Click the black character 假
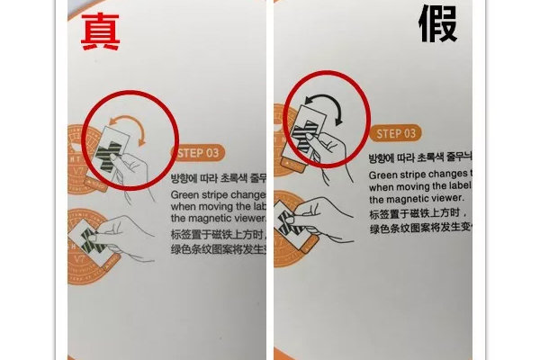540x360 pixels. tap(439, 25)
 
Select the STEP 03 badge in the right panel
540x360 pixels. tap(396, 133)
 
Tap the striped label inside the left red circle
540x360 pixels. tap(114, 149)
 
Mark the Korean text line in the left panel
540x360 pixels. tap(218, 177)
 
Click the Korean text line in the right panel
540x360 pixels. tap(419, 157)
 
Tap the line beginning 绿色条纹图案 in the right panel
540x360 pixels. tap(419, 229)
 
